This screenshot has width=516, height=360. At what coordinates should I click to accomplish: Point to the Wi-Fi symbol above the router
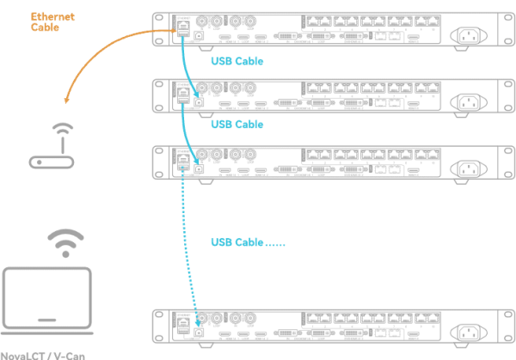(x=58, y=131)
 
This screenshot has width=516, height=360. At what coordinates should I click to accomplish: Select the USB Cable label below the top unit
(x=236, y=62)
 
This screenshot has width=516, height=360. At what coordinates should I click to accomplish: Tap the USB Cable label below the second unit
(x=236, y=125)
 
